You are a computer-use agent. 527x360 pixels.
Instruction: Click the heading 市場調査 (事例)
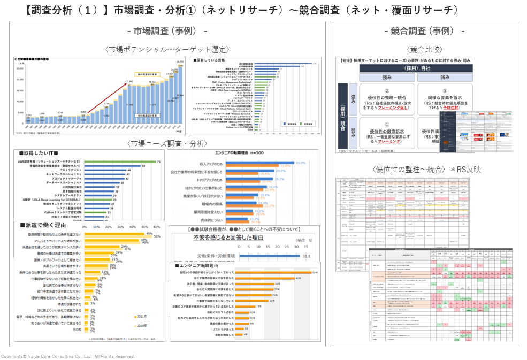167,31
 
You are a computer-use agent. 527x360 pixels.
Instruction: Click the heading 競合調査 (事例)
425,31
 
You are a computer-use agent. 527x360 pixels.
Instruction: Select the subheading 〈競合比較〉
425,50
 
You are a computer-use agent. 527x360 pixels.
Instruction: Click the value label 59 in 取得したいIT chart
143,166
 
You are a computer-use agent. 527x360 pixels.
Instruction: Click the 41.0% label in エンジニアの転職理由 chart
300,162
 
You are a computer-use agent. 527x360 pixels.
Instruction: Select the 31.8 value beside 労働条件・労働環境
307,256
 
